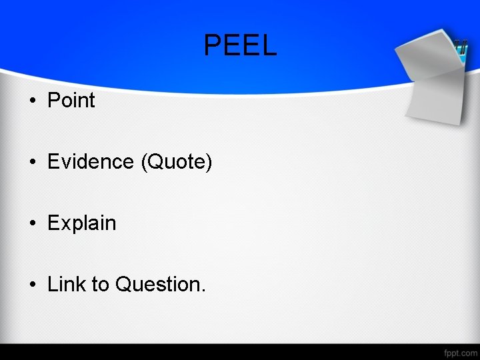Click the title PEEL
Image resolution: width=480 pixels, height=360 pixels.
point(240,45)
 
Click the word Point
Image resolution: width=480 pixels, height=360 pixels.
point(71,101)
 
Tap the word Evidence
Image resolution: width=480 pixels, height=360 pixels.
point(91,162)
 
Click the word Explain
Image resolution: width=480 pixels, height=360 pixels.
point(81,223)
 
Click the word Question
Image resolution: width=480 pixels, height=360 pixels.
point(159,285)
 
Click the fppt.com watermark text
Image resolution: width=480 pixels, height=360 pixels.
point(459,351)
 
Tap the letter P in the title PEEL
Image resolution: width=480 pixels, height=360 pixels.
point(213,45)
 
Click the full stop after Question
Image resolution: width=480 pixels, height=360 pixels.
point(204,291)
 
